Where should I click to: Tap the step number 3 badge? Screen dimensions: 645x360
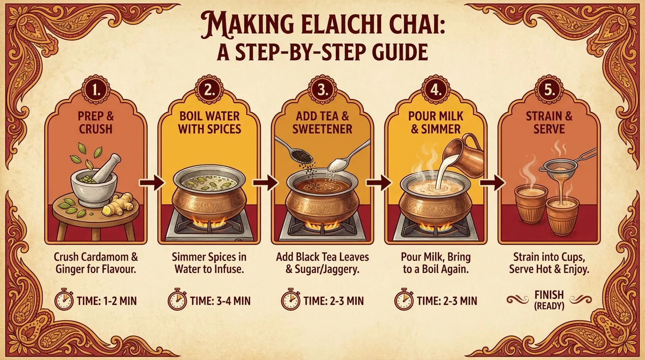click(322, 90)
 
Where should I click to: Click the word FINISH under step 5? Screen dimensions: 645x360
click(549, 295)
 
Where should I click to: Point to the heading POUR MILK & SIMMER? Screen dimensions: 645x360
click(435, 122)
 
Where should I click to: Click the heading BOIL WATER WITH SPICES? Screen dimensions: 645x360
click(210, 122)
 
